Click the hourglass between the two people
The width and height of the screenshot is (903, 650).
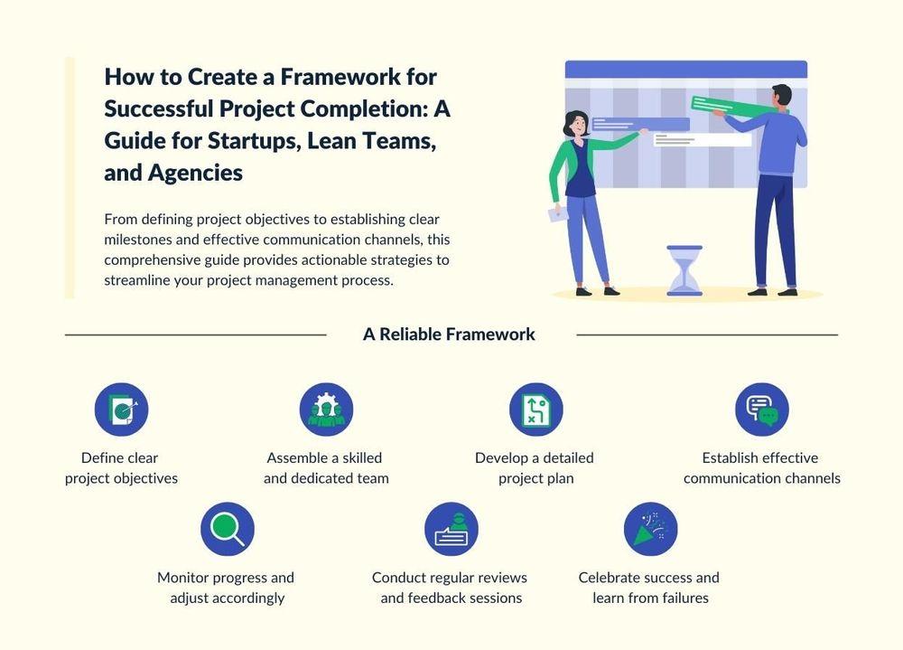pos(684,270)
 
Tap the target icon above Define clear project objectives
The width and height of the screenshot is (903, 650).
pos(122,410)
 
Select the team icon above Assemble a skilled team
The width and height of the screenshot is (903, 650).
pos(327,410)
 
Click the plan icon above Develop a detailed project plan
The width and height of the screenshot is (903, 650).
pos(536,410)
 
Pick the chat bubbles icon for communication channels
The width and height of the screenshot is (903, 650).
pos(762,410)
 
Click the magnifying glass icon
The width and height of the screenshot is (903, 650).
pos(228,529)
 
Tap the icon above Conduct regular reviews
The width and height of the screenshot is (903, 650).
pos(451,529)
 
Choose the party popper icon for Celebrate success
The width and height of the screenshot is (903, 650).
pos(651,529)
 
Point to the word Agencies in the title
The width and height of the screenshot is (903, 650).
pos(195,173)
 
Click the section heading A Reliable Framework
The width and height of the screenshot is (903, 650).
pos(449,334)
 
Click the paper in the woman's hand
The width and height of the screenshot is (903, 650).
pos(557,214)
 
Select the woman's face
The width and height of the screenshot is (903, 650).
pos(578,125)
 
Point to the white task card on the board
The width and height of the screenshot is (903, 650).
pos(702,139)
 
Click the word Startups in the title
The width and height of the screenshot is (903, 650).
pos(255,141)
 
